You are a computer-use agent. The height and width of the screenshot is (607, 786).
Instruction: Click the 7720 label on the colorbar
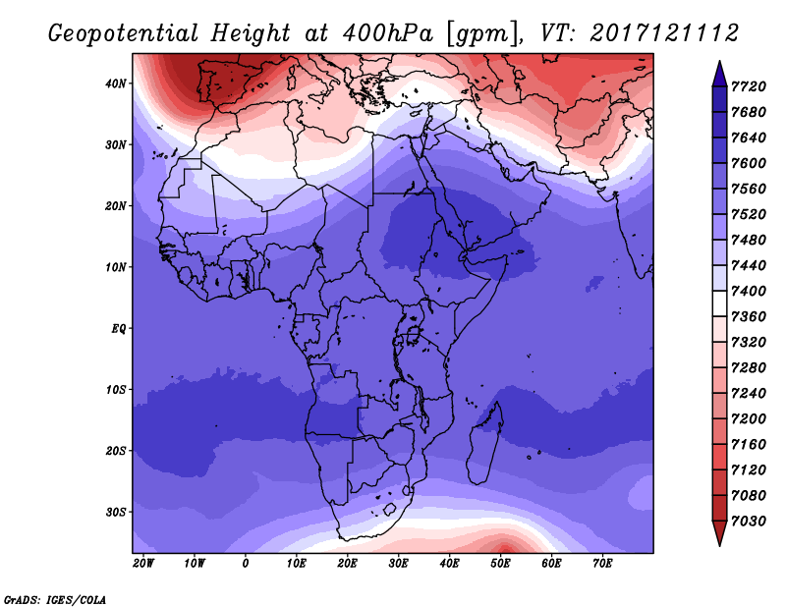[x=749, y=86]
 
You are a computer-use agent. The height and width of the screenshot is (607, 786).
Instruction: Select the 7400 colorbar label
[x=749, y=291]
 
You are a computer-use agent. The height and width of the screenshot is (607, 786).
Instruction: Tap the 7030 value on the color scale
[x=749, y=521]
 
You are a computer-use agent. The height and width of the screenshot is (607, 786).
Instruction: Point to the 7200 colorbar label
[x=749, y=418]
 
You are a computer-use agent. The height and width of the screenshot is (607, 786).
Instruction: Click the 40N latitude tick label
[x=116, y=83]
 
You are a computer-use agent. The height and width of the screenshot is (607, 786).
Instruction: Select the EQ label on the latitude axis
[x=119, y=329]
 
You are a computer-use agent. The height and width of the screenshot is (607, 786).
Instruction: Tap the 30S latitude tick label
[x=116, y=513]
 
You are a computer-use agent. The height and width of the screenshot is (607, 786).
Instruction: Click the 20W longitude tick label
[x=143, y=564]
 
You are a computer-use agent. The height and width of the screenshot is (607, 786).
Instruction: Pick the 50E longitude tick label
[x=500, y=564]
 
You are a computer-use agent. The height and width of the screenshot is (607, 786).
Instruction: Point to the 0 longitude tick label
[x=245, y=564]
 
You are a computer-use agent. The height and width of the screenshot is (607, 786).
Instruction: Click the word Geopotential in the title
[x=124, y=33]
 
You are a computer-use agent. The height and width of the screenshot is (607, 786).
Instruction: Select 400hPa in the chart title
[x=387, y=33]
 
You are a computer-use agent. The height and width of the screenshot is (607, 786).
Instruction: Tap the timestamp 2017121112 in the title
[x=664, y=33]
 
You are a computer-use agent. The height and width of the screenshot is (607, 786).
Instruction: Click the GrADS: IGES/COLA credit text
[x=55, y=599]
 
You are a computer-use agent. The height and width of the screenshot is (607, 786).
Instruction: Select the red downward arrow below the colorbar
[x=720, y=533]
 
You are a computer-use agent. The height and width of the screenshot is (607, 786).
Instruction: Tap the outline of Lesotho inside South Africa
[x=390, y=510]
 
